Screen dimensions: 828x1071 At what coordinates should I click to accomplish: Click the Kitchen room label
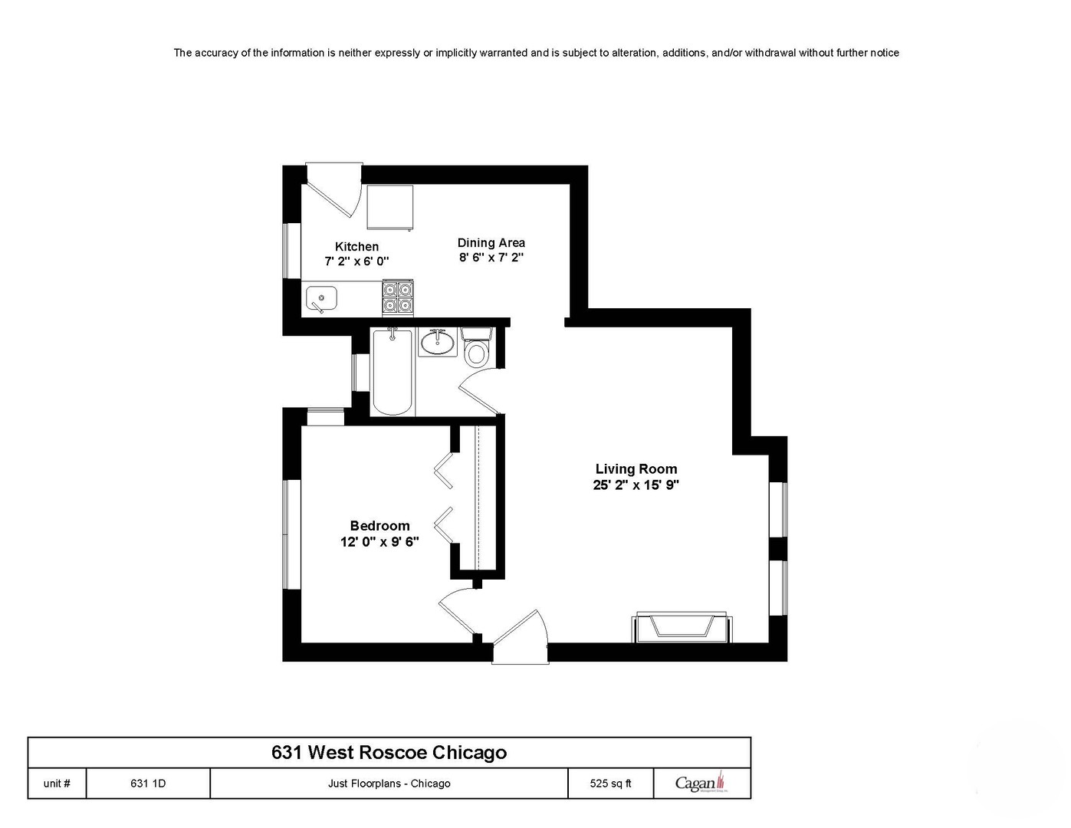(x=356, y=247)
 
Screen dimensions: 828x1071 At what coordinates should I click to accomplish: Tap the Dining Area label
(x=491, y=243)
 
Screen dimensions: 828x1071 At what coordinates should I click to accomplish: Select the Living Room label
(x=636, y=469)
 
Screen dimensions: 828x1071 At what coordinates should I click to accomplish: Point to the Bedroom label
(x=379, y=526)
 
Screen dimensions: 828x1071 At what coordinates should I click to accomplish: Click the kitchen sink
(x=321, y=297)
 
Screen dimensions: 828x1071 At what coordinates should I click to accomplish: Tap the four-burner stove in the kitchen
(x=397, y=297)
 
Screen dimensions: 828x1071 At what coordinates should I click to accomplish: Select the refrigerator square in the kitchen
(x=389, y=207)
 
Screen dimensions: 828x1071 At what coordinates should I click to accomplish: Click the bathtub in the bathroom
(x=393, y=371)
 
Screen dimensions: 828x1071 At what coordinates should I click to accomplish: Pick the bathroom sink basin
(x=438, y=343)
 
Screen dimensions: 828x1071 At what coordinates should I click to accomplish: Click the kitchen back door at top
(x=335, y=188)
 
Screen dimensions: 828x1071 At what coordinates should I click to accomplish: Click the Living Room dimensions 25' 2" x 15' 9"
(x=636, y=485)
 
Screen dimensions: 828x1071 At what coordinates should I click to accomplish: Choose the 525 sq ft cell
(x=610, y=784)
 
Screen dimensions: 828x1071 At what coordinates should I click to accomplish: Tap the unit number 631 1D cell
(x=148, y=784)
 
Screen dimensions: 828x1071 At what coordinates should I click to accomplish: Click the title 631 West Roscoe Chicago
(x=389, y=752)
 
